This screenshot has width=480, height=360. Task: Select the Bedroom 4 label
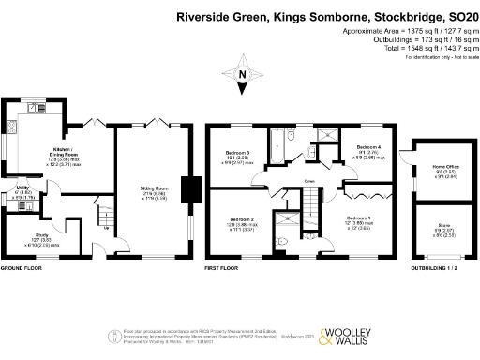pos(368,148)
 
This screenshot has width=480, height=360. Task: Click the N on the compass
pos(243,76)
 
